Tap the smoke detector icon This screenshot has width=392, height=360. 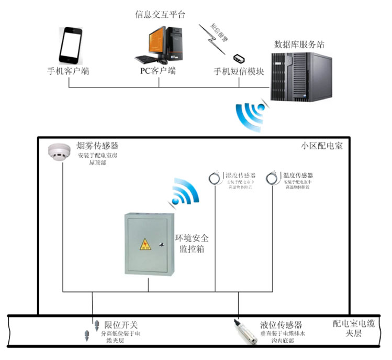click(58, 151)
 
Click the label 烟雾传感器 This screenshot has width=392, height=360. click(98, 145)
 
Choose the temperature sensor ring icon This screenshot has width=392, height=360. click(272, 178)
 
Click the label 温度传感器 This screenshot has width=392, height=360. click(298, 175)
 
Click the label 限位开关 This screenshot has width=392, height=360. click(121, 325)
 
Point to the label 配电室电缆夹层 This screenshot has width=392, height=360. click(354, 329)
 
